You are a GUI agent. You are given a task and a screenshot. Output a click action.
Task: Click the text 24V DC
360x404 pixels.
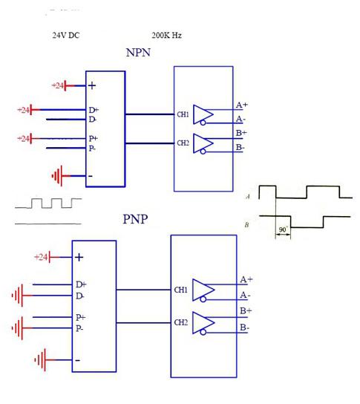(x=65, y=35)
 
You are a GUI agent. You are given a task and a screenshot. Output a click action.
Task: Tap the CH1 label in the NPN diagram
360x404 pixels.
(x=182, y=114)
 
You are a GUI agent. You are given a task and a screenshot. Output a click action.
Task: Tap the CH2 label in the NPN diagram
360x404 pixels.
(x=182, y=143)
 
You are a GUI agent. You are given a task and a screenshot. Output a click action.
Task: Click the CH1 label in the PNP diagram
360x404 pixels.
(x=180, y=290)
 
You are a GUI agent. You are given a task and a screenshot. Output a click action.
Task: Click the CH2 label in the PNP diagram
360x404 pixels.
(x=180, y=323)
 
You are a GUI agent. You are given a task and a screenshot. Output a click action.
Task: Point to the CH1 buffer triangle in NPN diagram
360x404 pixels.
(x=203, y=114)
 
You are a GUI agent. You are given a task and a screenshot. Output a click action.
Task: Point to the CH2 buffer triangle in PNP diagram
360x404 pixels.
(x=203, y=323)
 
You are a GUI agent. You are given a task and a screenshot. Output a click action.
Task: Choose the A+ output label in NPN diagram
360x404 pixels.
(x=241, y=105)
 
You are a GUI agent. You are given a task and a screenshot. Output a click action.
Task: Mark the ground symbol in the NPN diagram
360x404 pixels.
(x=56, y=176)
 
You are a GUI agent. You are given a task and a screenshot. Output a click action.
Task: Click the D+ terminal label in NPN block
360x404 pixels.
(x=93, y=110)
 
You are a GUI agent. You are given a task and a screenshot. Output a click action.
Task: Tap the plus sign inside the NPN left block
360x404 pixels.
(x=92, y=85)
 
